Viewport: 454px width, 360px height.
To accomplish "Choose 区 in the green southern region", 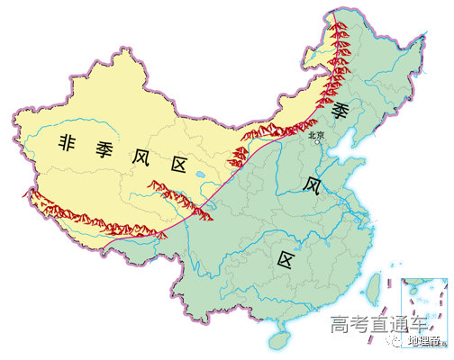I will click(x=286, y=261).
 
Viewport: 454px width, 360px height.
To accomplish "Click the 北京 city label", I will click(x=315, y=136).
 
